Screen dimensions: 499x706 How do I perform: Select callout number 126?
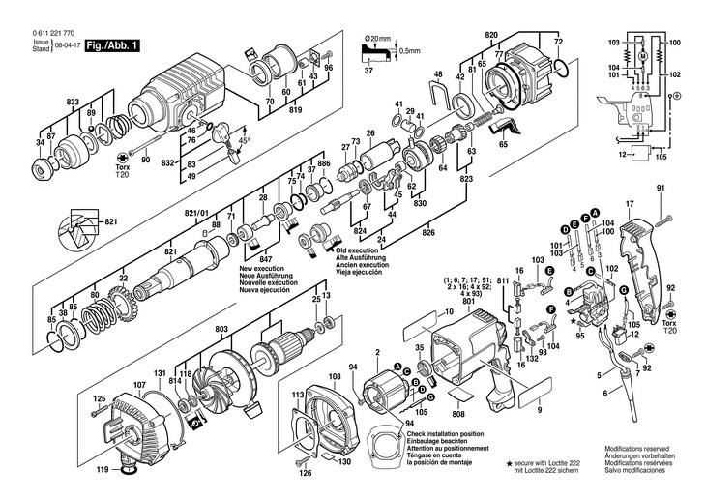tap(306, 473)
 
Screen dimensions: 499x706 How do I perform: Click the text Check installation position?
tap(453, 436)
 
